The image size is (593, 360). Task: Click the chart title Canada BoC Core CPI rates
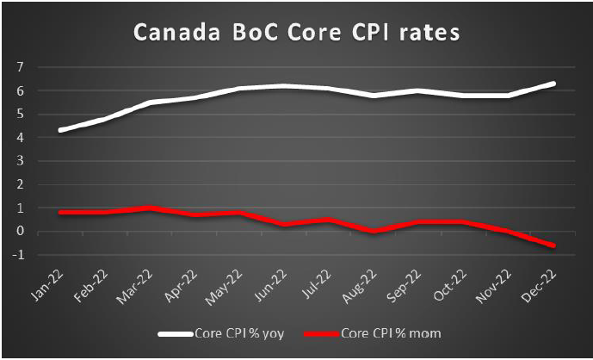296,34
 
